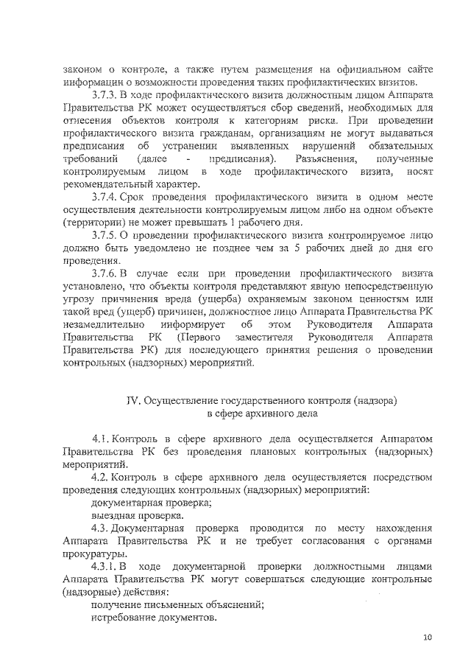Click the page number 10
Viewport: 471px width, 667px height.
pyautogui.click(x=428, y=638)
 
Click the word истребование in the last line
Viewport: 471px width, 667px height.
pyautogui.click(x=124, y=618)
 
